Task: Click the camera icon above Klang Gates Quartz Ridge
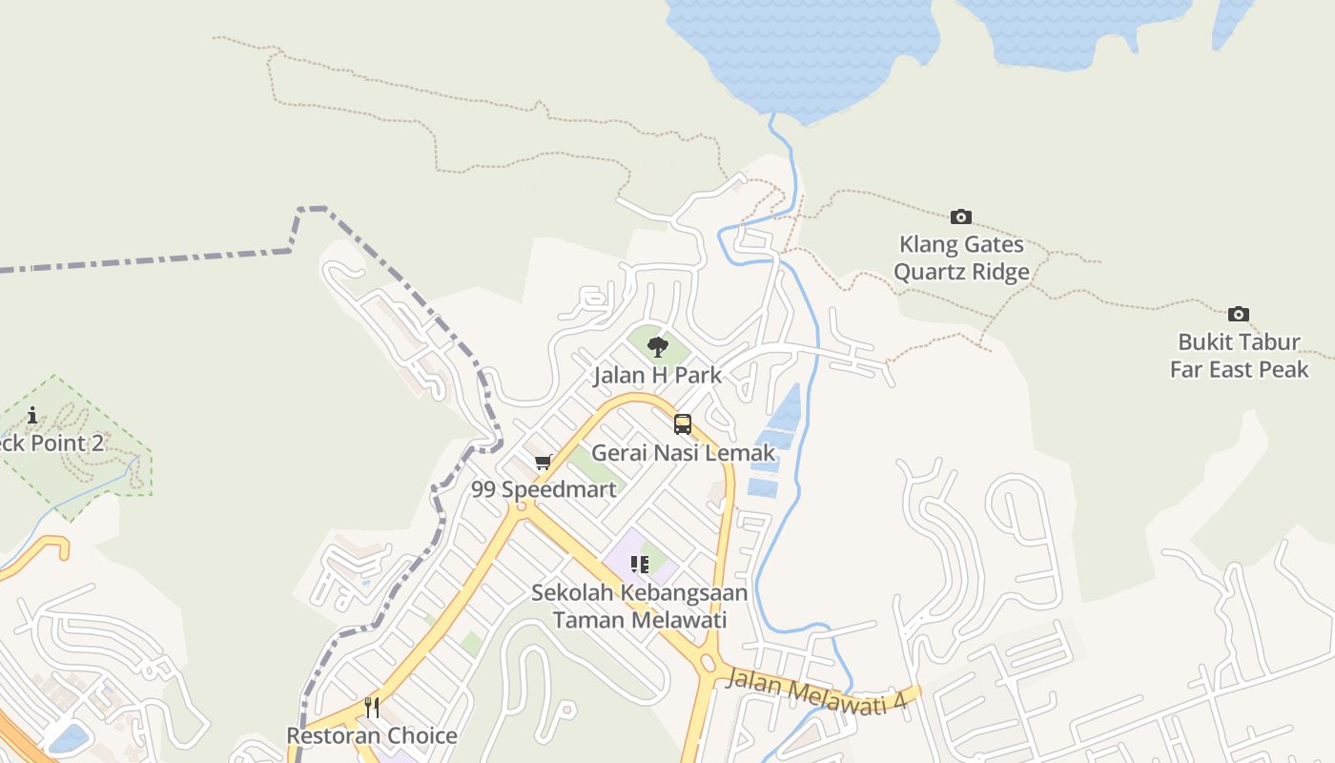(x=961, y=217)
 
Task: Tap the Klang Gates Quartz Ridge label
(x=961, y=258)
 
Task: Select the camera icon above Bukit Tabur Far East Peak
(x=1238, y=314)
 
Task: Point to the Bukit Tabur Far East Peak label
(x=1240, y=356)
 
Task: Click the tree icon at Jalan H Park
(x=657, y=347)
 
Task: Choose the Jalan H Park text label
(x=657, y=376)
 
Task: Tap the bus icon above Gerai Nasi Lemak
(x=683, y=424)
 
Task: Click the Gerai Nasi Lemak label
(x=684, y=452)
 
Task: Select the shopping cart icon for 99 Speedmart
(x=544, y=463)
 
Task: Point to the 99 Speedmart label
(x=544, y=490)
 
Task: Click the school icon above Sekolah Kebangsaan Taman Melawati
(x=640, y=564)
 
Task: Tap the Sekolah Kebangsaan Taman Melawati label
(x=640, y=606)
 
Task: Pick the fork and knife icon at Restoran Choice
(x=372, y=708)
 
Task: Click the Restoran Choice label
(x=372, y=736)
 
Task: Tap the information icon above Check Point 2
(x=32, y=415)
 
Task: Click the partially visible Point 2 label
(x=52, y=443)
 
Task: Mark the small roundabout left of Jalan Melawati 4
(x=708, y=663)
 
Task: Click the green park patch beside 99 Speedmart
(x=594, y=464)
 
